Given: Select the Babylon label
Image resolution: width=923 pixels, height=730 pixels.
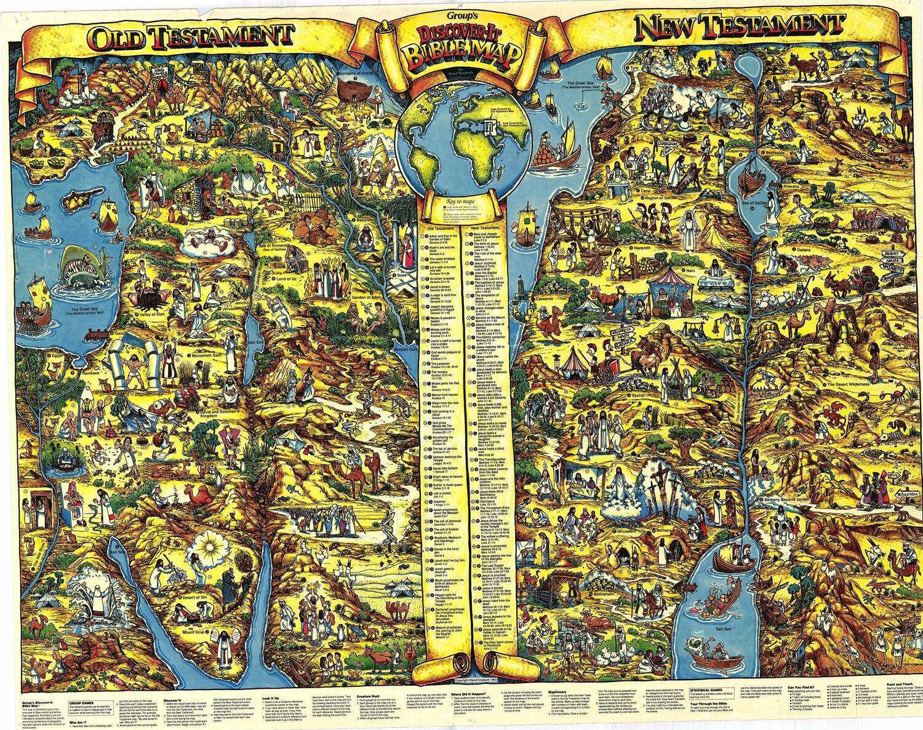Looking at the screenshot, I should click(361, 218).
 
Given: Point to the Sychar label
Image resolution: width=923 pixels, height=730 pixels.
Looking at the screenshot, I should click(638, 395).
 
